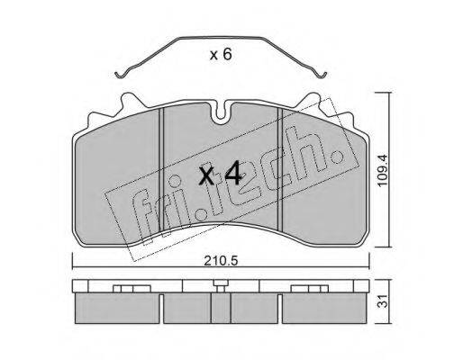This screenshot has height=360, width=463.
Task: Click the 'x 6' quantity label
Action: (x=221, y=55)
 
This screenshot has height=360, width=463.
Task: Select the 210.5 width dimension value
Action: (x=221, y=261)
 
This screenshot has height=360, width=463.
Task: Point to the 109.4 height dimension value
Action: (x=384, y=170)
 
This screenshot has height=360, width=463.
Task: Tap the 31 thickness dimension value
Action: (x=383, y=301)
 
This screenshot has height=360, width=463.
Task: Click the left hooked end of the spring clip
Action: (x=119, y=75)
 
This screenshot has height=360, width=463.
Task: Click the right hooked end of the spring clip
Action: (x=322, y=75)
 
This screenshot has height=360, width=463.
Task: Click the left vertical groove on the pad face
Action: (x=161, y=169)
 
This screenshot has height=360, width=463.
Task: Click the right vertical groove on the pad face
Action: (x=280, y=169)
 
